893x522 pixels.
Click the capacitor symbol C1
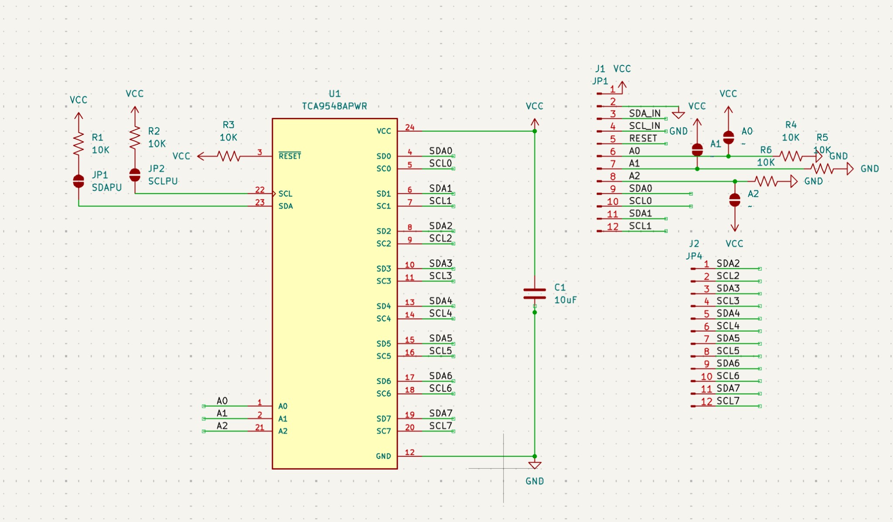pos(535,294)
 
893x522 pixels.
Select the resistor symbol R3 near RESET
pos(228,156)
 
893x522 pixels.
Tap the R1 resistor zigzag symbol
pos(78,144)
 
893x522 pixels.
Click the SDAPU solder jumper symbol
pos(78,181)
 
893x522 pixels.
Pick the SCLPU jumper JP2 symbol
pos(135,175)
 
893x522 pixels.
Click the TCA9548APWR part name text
pos(334,106)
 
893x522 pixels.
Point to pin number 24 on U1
pos(409,127)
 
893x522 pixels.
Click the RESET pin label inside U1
pos(290,156)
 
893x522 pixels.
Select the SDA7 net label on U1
pos(440,413)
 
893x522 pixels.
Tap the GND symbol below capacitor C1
pos(535,466)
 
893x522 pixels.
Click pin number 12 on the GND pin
pos(409,452)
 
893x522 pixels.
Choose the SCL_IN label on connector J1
pos(644,126)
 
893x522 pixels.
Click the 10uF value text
pos(565,300)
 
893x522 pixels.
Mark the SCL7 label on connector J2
pos(728,401)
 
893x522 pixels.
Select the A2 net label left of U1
pos(222,426)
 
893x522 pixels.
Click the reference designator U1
pos(334,93)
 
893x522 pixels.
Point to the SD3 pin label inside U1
pos(384,268)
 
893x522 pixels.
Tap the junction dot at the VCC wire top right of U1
pos(535,131)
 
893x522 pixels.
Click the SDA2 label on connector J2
pos(728,263)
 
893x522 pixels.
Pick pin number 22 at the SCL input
pos(259,189)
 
